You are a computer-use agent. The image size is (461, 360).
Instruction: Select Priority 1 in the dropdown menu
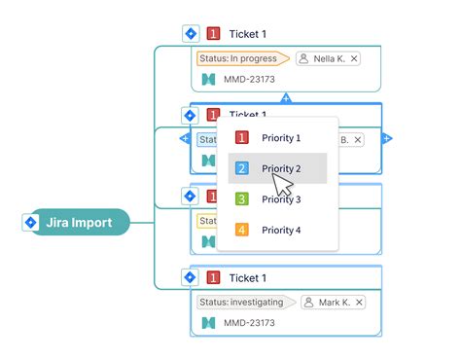click(280, 138)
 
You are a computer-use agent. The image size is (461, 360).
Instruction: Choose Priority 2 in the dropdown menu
click(280, 168)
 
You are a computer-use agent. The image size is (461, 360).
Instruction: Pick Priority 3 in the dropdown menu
click(280, 199)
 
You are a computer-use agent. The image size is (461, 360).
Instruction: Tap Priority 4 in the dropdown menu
click(280, 231)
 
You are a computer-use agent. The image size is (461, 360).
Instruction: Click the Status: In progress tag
click(239, 58)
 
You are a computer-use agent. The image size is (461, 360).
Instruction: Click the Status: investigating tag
click(243, 302)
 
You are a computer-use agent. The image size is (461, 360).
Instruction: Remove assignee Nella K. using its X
click(354, 58)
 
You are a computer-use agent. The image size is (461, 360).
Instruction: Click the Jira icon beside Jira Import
click(28, 223)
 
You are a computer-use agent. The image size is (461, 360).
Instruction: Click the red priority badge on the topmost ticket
click(213, 34)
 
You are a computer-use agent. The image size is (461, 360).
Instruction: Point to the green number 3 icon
click(243, 199)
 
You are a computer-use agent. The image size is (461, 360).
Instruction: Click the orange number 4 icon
click(243, 231)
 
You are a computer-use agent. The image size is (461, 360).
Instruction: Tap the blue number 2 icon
click(243, 168)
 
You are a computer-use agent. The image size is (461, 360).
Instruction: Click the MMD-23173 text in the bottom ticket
click(249, 323)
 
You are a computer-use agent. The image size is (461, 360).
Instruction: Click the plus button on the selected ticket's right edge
click(387, 138)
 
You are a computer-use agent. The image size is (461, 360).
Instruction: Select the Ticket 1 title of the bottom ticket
click(247, 278)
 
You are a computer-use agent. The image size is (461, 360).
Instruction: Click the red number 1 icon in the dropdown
click(243, 138)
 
